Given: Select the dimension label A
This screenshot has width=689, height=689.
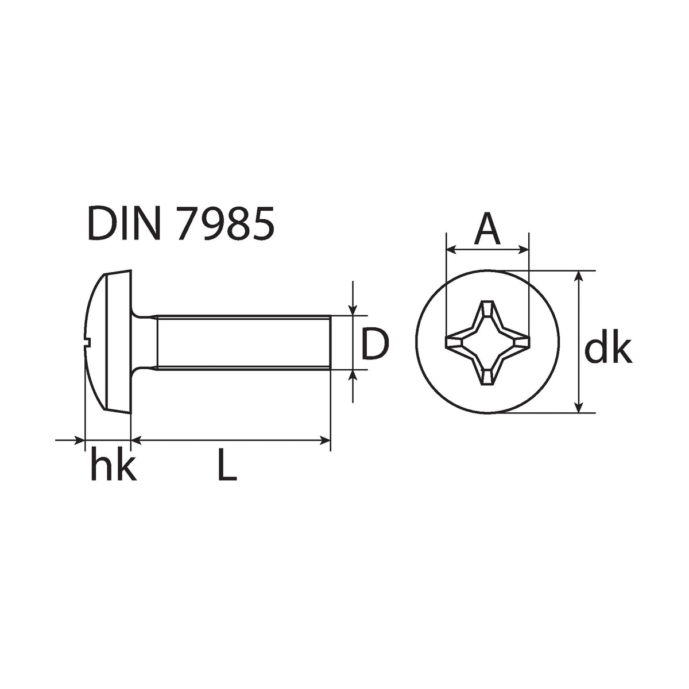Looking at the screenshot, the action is [x=487, y=228].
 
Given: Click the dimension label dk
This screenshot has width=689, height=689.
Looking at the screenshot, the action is [x=608, y=349].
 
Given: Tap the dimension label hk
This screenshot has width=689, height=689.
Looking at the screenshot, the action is [x=114, y=467].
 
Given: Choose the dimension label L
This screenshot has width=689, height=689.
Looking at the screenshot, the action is [x=227, y=468].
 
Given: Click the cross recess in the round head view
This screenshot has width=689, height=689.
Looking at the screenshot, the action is [x=487, y=343].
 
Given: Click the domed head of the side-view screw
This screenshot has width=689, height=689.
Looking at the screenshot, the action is [x=108, y=342].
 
